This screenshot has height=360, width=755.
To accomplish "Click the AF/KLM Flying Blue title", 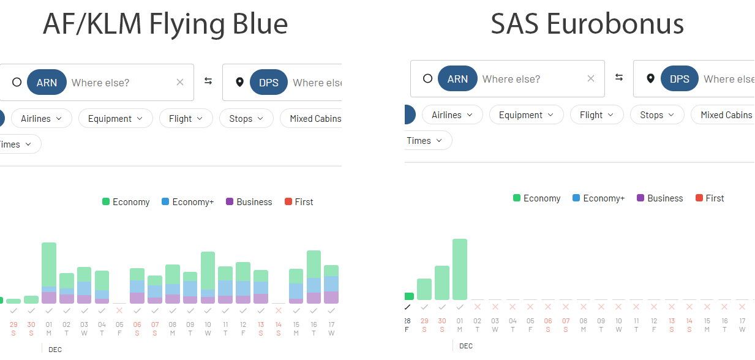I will coord(165,24).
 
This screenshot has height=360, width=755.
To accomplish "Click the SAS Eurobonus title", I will coord(587,24).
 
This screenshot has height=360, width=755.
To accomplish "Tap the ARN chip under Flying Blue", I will coord(47,83).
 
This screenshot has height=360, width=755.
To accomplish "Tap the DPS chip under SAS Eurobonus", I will coord(679,79).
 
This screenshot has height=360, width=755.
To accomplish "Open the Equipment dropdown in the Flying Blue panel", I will coord(115,119).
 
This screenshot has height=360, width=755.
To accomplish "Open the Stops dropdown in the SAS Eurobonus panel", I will coord(657,115).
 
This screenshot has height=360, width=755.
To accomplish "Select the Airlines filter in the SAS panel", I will coord(453,115).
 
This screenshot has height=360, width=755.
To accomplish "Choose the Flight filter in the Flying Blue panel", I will coord(186,119).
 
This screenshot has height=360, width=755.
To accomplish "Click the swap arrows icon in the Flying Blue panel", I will coord(208,81).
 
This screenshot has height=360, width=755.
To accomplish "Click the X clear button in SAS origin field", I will coord(590,79).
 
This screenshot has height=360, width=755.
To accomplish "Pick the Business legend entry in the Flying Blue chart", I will coord(249,202).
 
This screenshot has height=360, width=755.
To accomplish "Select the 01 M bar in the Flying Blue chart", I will coord(49,273).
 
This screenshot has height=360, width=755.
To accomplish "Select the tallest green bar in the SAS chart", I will coord(460,269).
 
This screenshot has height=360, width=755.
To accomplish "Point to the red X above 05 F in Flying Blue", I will coord(119,310).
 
